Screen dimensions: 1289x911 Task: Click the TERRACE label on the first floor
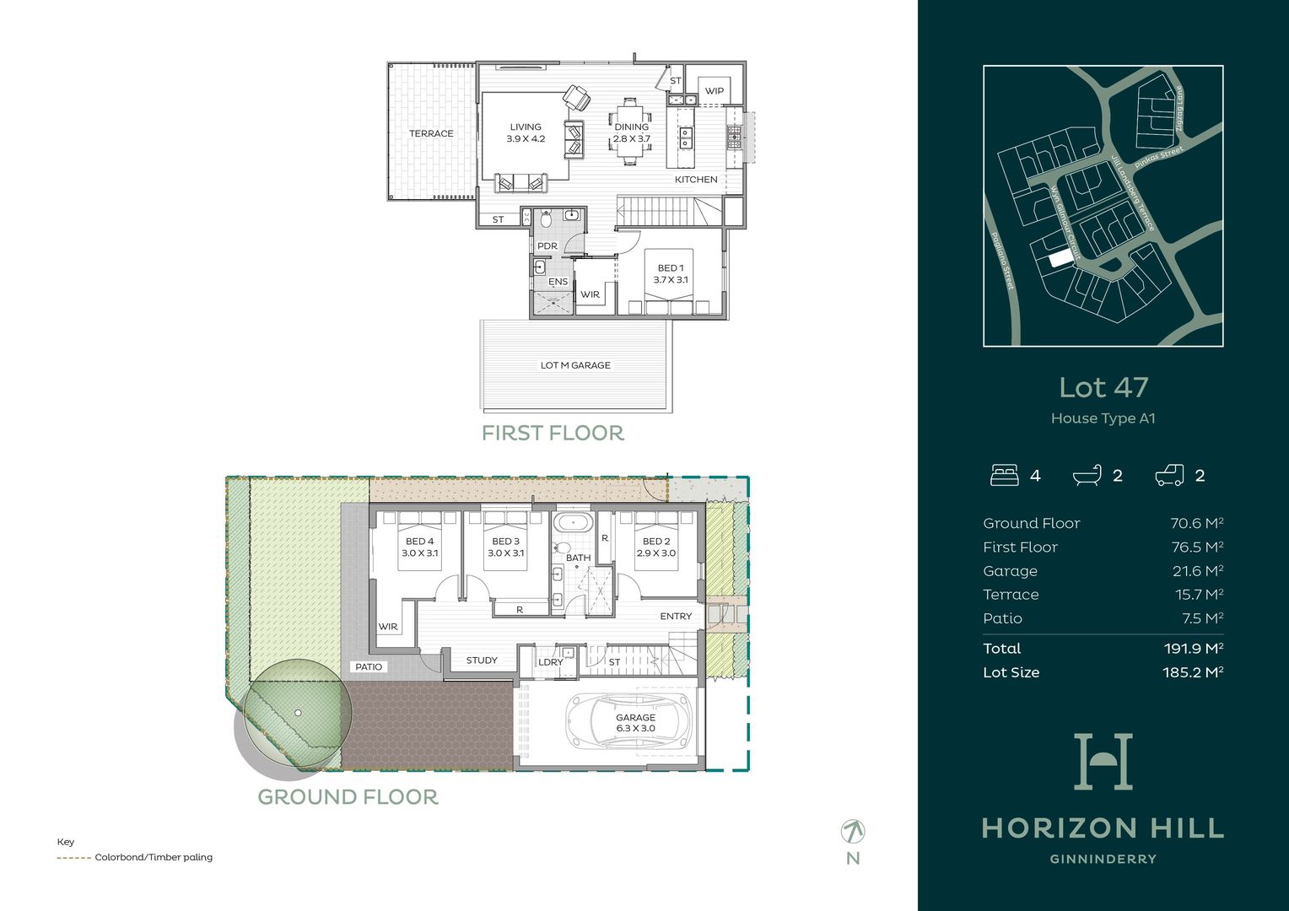coord(431,133)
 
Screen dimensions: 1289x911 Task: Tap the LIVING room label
coord(526,127)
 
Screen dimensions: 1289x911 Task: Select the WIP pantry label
coord(715,91)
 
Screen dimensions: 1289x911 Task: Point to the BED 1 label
coord(671,268)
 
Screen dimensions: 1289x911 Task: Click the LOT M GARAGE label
coord(575,365)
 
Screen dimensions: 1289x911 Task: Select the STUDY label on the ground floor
coord(482,660)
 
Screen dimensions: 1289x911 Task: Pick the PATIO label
coord(369,667)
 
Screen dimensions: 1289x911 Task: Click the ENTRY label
coord(676,617)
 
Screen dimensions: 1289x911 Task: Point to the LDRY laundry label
coord(550,662)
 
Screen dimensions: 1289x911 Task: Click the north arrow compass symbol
coord(853,832)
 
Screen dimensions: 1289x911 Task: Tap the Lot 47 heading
coord(1103,387)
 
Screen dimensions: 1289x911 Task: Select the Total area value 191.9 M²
coord(1193,649)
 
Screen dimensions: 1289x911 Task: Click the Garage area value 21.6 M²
coord(1198,571)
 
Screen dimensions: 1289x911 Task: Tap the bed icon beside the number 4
coord(1004,476)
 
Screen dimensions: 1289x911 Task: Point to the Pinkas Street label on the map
coord(1159,157)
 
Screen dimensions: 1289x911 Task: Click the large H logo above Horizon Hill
coord(1103,762)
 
